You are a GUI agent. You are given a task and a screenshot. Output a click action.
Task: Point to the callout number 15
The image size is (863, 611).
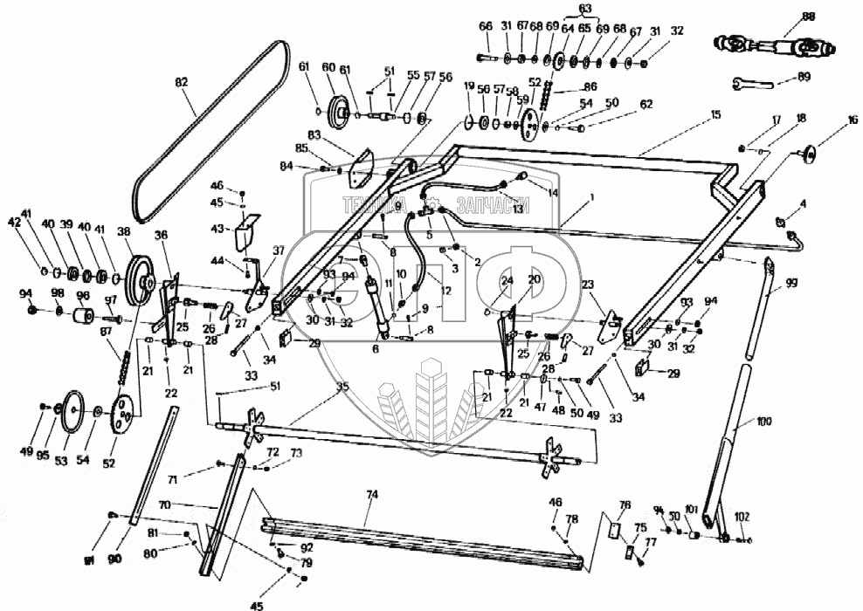pos(715,114)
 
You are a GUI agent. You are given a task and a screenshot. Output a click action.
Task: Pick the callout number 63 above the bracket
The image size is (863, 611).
pos(584,10)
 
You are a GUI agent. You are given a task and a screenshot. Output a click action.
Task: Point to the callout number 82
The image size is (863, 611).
pos(181,82)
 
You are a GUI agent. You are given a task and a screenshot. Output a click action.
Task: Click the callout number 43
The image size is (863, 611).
pos(217,228)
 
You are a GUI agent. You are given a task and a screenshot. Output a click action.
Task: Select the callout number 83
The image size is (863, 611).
pos(314,135)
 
